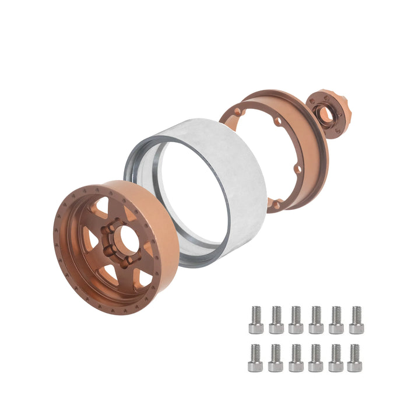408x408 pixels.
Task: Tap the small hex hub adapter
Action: click(326, 114)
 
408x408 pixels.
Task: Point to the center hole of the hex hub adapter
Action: click(325, 115)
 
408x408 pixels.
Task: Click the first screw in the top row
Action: click(256, 320)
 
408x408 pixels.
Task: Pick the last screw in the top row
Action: click(356, 320)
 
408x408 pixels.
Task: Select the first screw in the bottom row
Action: click(256, 358)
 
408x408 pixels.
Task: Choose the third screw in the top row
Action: click(296, 320)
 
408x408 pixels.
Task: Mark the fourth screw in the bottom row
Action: click(315, 358)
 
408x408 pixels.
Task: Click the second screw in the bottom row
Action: click(276, 358)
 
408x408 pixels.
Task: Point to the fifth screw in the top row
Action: click(336, 320)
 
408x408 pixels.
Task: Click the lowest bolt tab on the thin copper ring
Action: click(274, 205)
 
